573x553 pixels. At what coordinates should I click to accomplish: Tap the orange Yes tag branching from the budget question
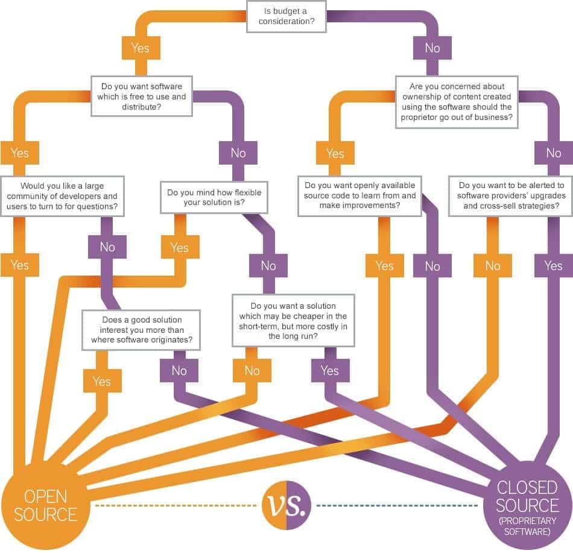[140, 47]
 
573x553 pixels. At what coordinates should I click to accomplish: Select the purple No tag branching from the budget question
[432, 48]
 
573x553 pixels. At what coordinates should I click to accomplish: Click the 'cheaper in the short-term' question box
[294, 320]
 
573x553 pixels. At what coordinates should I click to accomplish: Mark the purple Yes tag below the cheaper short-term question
[330, 370]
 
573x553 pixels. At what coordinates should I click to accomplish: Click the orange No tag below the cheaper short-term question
[252, 370]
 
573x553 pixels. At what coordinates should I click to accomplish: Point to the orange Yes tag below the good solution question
[102, 381]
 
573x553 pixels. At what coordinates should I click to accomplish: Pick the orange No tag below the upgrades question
[492, 265]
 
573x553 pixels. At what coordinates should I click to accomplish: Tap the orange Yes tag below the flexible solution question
[180, 247]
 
